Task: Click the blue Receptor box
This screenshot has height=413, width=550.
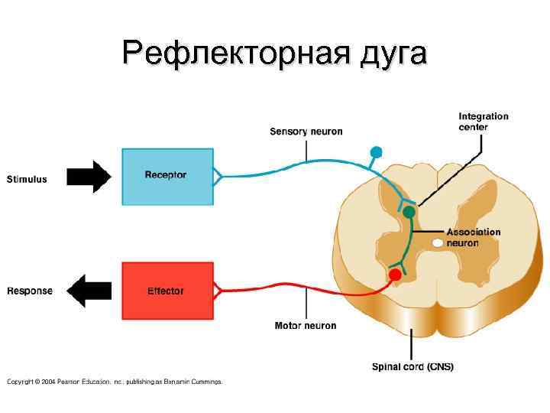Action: (165, 176)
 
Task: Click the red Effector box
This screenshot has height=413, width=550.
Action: (165, 291)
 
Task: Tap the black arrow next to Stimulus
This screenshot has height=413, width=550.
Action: (89, 177)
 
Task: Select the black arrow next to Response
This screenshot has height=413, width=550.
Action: (89, 291)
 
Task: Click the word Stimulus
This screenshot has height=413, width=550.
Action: (27, 180)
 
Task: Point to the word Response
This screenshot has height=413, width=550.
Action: (30, 291)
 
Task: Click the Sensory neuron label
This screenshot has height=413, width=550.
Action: (306, 132)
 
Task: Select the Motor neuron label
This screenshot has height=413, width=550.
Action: (306, 326)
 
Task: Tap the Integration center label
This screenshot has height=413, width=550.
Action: (484, 122)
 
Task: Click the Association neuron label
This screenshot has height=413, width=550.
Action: (474, 237)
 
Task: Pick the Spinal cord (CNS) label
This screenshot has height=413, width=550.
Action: (412, 366)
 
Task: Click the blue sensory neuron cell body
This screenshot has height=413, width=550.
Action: (376, 151)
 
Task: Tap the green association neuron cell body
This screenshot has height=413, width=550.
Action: (409, 211)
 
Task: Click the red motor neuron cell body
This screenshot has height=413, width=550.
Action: (395, 274)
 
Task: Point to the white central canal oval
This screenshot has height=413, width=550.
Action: (438, 242)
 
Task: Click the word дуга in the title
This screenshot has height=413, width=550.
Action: (384, 54)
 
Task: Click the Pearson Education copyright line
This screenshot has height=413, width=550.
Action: (115, 381)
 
